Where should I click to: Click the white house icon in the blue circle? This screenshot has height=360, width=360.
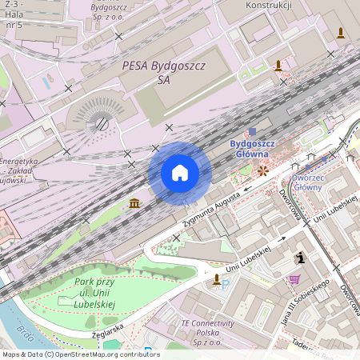pyautogui.click(x=180, y=173)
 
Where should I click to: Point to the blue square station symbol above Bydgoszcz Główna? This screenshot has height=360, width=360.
pyautogui.click(x=253, y=131)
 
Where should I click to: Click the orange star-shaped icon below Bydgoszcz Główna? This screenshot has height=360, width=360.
pyautogui.click(x=262, y=170)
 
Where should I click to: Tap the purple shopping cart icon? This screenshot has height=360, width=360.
pyautogui.click(x=294, y=279)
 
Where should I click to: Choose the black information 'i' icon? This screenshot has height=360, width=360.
pyautogui.click(x=300, y=258)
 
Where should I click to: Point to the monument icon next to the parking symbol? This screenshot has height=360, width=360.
pyautogui.click(x=216, y=279)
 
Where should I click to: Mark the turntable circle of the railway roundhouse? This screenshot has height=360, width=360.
pyautogui.click(x=102, y=124)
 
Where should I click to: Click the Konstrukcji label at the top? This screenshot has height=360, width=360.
pyautogui.click(x=269, y=6)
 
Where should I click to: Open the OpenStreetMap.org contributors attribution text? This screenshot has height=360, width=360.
pyautogui.click(x=107, y=354)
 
